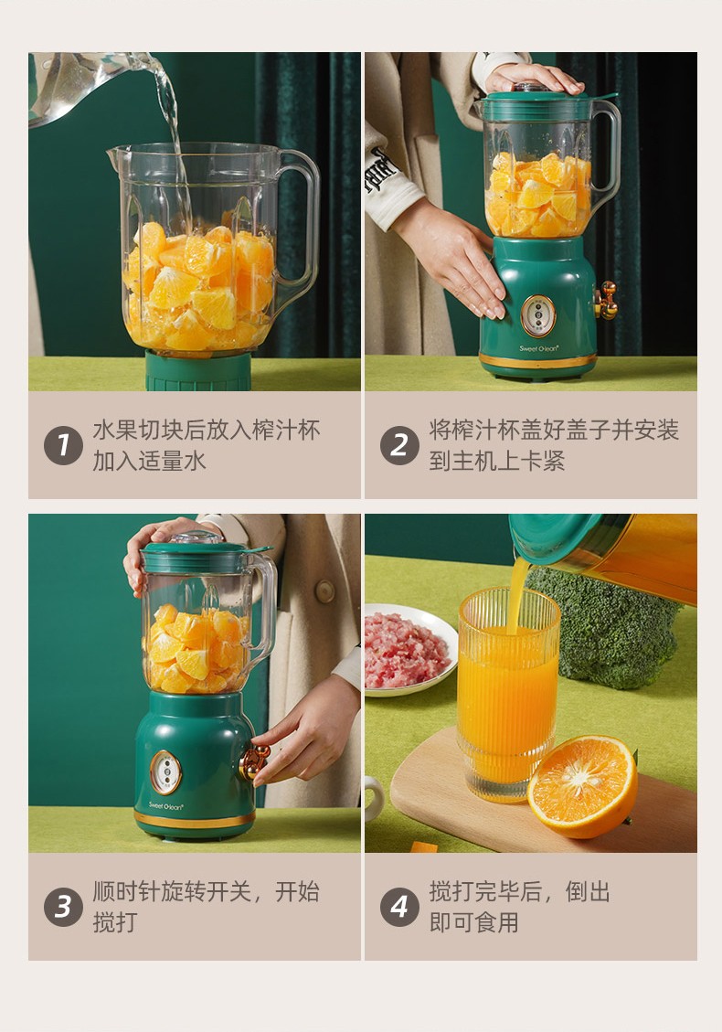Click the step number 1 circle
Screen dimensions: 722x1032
[x=63, y=445]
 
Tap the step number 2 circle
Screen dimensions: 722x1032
[x=399, y=445]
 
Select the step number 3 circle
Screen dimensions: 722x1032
[x=63, y=907]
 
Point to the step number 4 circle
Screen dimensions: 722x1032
[x=399, y=907]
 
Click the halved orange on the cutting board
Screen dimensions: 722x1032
[x=582, y=786]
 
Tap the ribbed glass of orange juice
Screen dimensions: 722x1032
[x=507, y=695]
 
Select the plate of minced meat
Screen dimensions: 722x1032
[x=409, y=650]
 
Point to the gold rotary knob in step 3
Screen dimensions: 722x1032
[x=253, y=762]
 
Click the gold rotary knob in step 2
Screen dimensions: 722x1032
[x=606, y=301]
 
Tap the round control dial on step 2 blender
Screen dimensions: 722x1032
[x=537, y=315]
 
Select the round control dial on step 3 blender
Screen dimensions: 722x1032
[x=165, y=772]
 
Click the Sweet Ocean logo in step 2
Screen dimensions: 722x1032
[x=539, y=348]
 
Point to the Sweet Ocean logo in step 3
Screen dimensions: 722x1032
[x=165, y=805]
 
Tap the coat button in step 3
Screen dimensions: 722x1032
[x=324, y=591]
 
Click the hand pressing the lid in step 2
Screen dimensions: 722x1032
[x=534, y=78]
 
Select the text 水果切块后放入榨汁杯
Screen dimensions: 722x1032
[x=206, y=431]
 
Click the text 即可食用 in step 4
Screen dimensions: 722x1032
[x=474, y=922]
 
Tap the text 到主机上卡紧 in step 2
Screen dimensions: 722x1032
[x=497, y=461]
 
